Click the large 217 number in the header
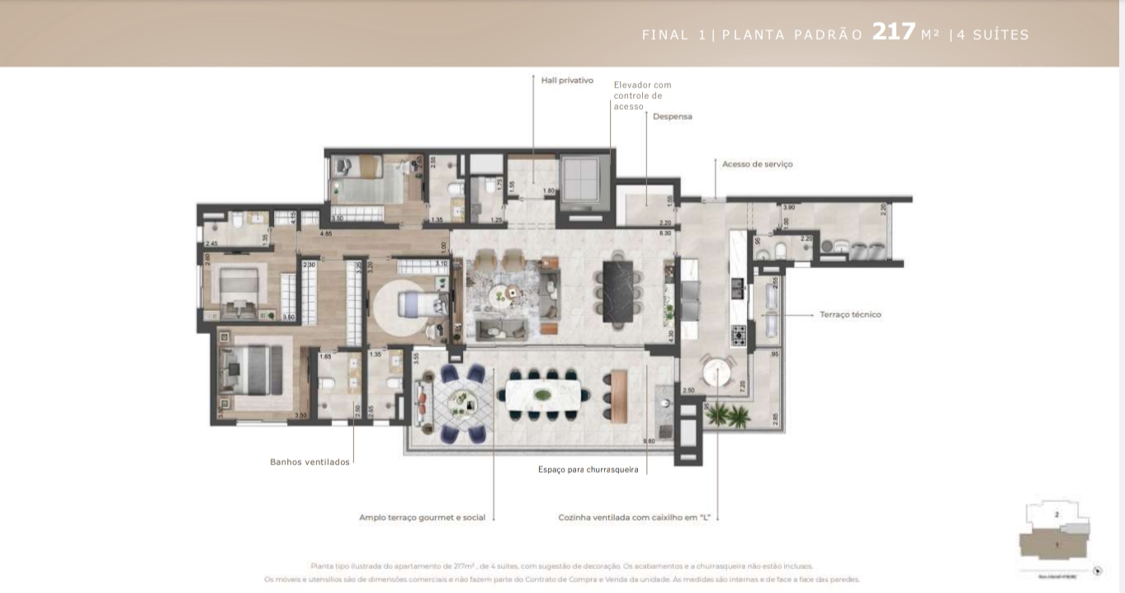pyautogui.click(x=894, y=32)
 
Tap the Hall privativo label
pyautogui.click(x=567, y=80)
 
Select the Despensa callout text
pyautogui.click(x=672, y=116)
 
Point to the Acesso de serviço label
pyautogui.click(x=757, y=164)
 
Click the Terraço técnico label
pyautogui.click(x=850, y=314)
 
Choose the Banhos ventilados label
pyautogui.click(x=310, y=462)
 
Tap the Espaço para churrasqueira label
pyautogui.click(x=588, y=469)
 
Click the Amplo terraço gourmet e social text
pyautogui.click(x=422, y=518)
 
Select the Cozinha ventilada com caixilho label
pyautogui.click(x=635, y=518)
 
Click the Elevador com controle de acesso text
pyautogui.click(x=641, y=96)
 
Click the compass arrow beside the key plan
pyautogui.click(x=1097, y=571)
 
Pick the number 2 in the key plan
pyautogui.click(x=1056, y=514)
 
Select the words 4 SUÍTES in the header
pyautogui.click(x=993, y=35)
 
